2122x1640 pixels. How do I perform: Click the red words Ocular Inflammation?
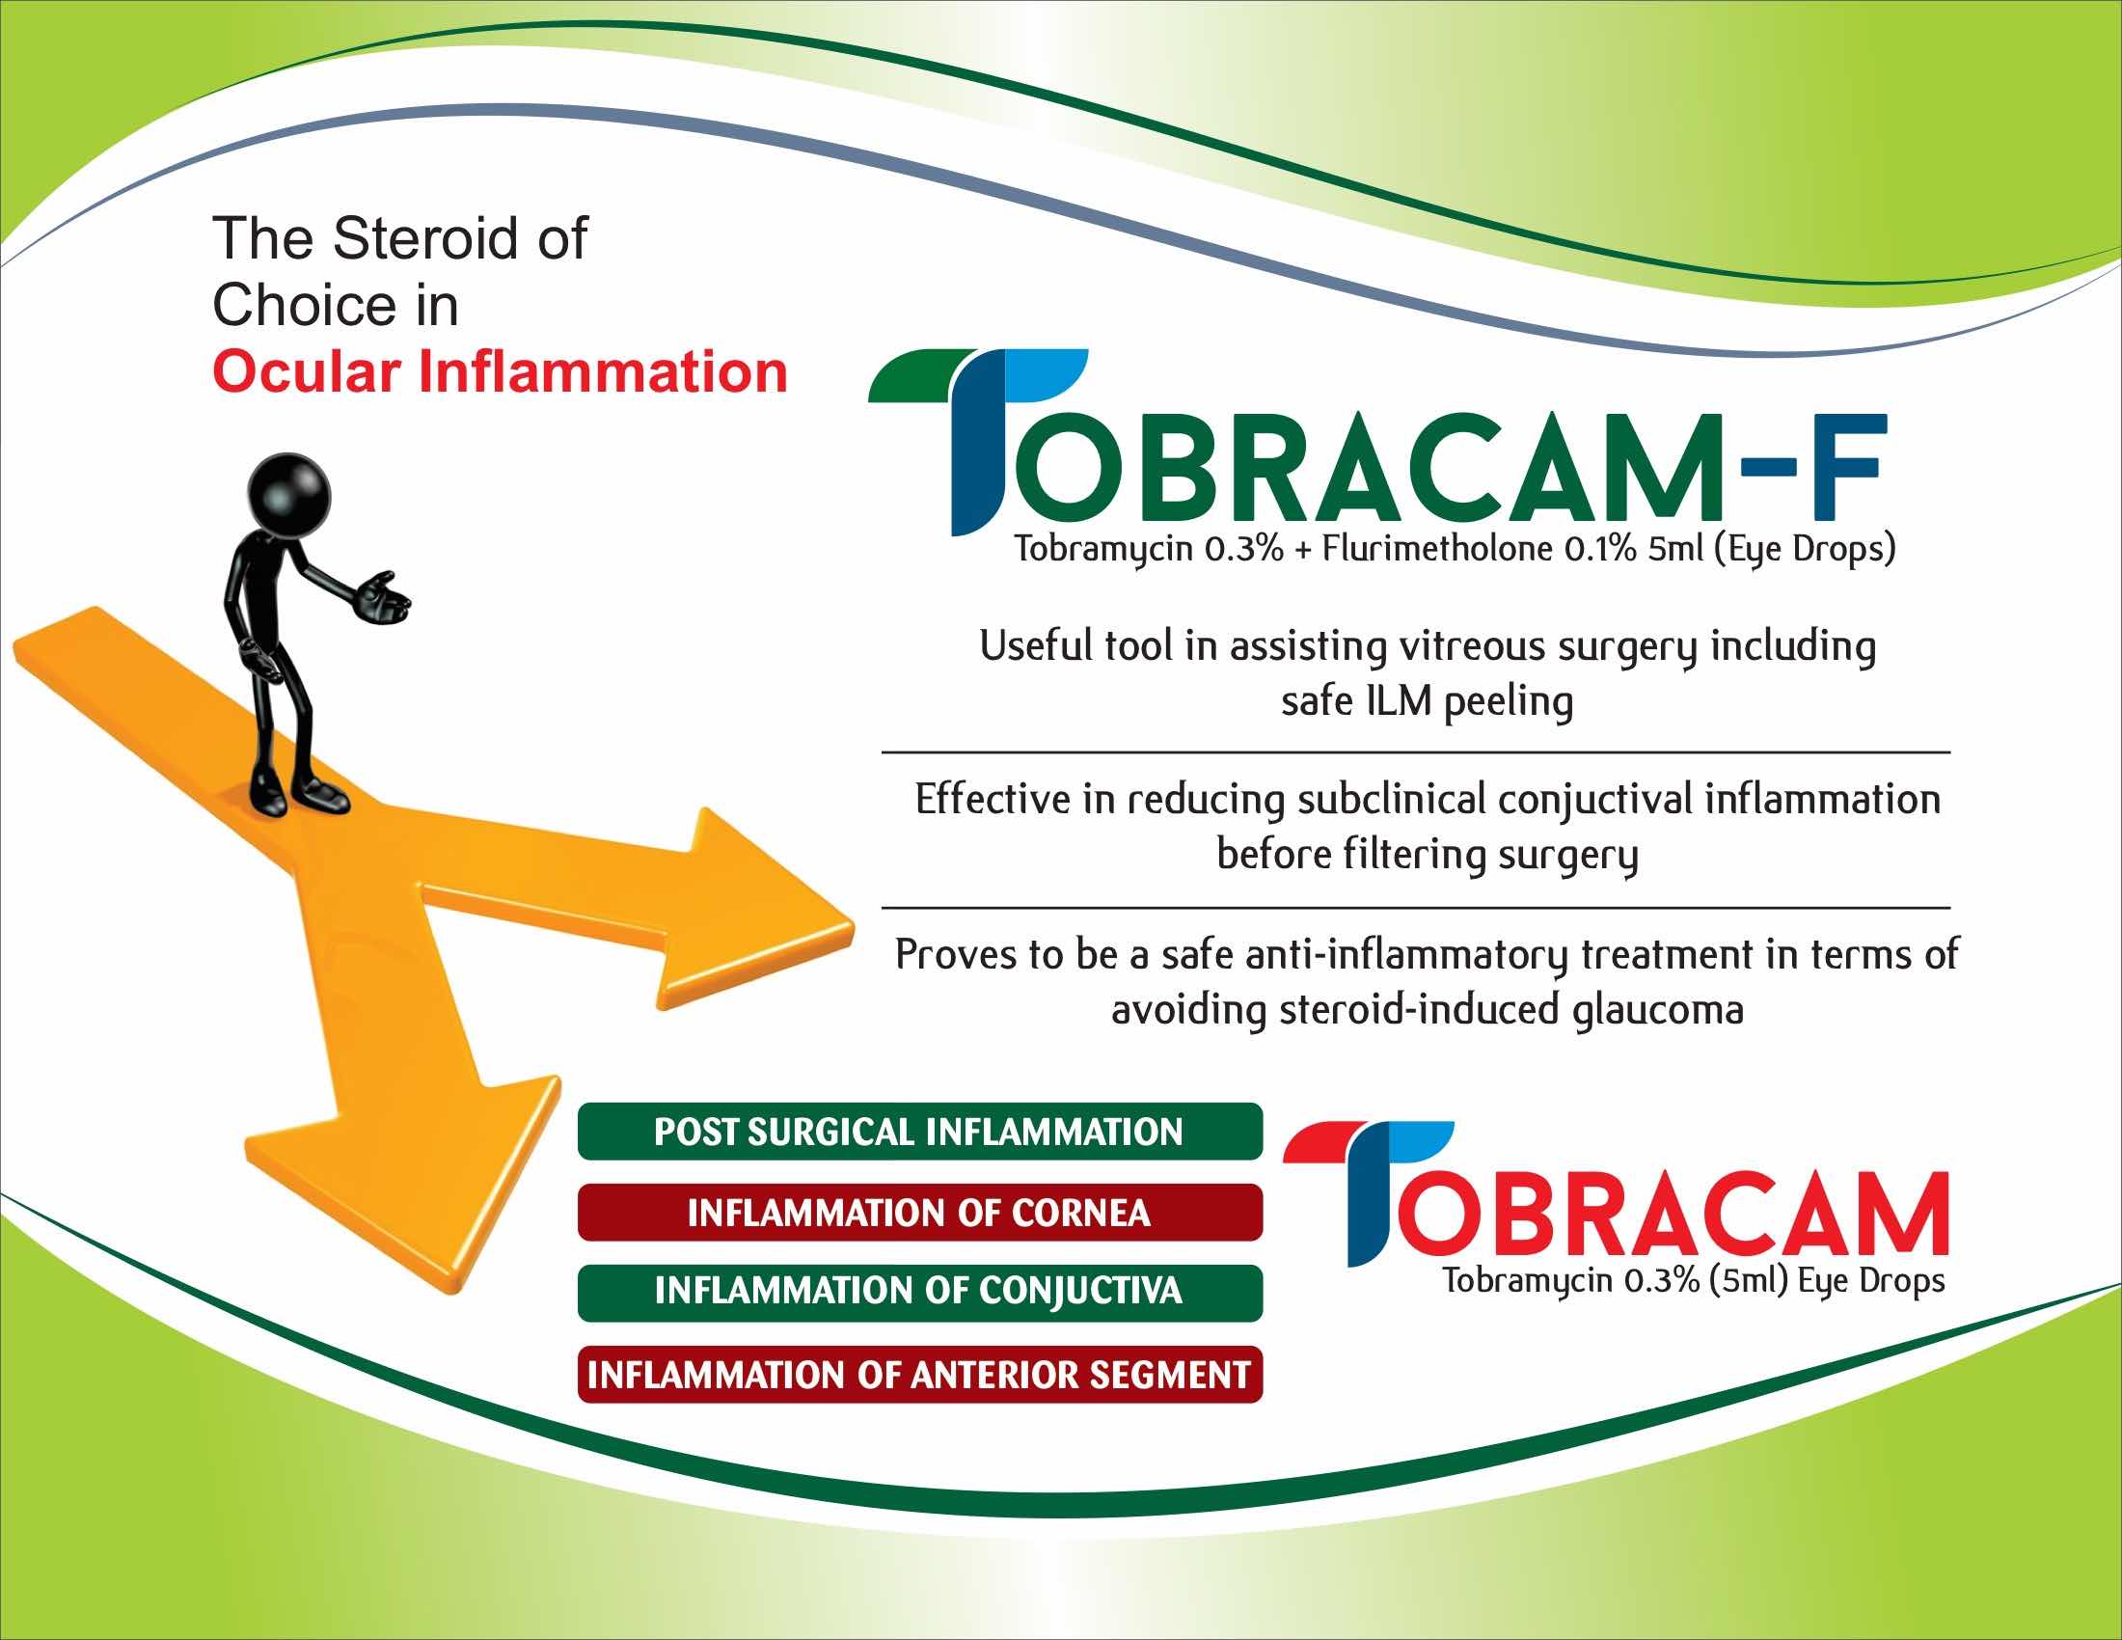pyautogui.click(x=500, y=373)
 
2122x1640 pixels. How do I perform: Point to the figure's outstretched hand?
pyautogui.click(x=385, y=596)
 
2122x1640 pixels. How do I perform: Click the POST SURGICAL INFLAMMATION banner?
pyautogui.click(x=919, y=1132)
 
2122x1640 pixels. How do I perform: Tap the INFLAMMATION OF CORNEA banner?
pyautogui.click(x=919, y=1213)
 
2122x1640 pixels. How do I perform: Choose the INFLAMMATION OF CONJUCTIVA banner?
pyautogui.click(x=919, y=1292)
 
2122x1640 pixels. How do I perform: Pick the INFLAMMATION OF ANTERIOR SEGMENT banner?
pyautogui.click(x=919, y=1374)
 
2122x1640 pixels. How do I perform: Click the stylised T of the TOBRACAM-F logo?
pyautogui.click(x=976, y=442)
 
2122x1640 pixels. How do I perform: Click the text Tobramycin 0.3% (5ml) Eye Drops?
pyautogui.click(x=1694, y=1280)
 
